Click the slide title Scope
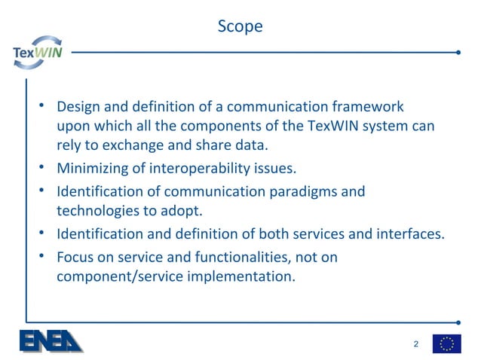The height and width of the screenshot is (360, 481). (240, 26)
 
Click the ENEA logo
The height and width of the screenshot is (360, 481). (51, 340)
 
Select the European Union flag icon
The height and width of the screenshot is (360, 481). (446, 343)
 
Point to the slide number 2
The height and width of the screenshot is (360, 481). (415, 344)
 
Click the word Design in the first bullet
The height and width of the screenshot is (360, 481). (79, 106)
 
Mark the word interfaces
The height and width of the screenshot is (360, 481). (406, 234)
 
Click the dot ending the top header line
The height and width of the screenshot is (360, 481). (458, 53)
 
